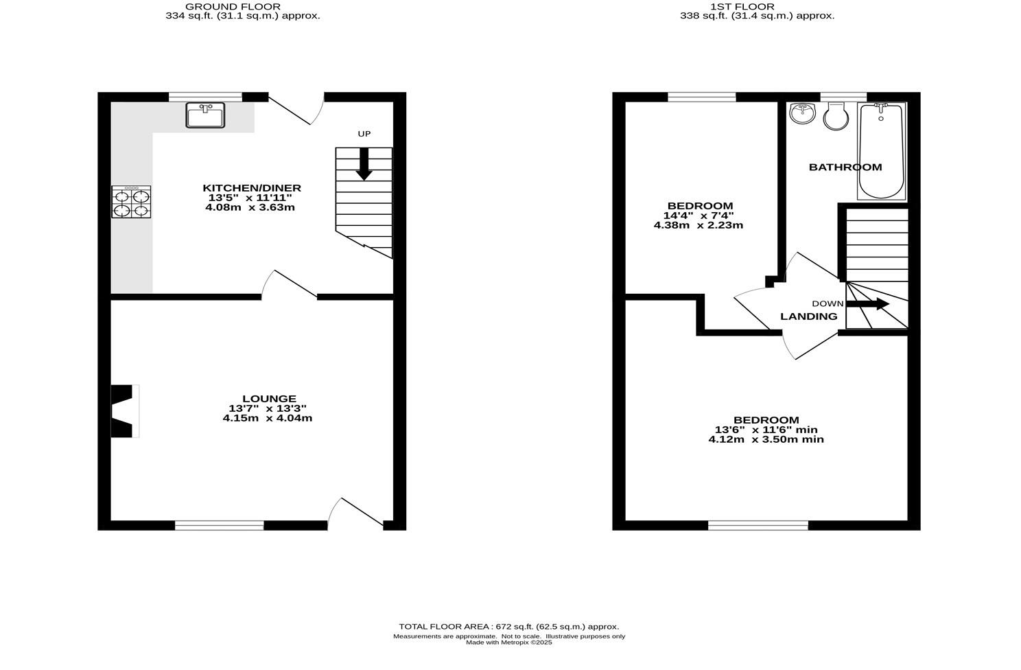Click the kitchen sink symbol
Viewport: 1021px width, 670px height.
tap(205, 115)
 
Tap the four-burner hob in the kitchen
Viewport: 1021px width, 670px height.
tap(131, 202)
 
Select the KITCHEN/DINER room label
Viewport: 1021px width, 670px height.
tap(251, 188)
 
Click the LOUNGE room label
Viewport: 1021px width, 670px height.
tap(269, 399)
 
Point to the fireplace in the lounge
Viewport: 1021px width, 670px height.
tap(124, 411)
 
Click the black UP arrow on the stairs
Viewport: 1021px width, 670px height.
tap(364, 165)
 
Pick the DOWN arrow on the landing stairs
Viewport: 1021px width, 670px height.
tap(867, 304)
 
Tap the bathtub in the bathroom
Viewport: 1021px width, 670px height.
tap(881, 150)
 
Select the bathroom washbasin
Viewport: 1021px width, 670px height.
tap(802, 113)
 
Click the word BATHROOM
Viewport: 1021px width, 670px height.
tap(845, 167)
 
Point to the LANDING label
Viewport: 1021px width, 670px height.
tap(808, 316)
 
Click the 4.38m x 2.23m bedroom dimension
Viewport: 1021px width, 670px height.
tap(698, 225)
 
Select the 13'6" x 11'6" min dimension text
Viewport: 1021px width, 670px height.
tap(766, 430)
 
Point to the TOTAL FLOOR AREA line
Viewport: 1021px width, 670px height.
tap(508, 627)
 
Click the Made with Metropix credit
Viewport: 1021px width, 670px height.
tap(508, 643)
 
